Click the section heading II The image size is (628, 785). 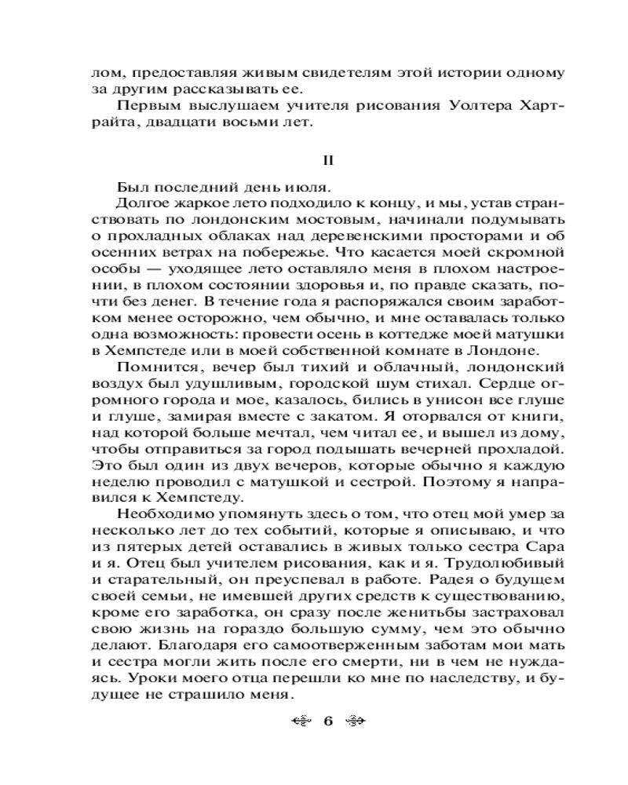[x=330, y=160]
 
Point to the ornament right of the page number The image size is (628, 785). [x=356, y=720]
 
